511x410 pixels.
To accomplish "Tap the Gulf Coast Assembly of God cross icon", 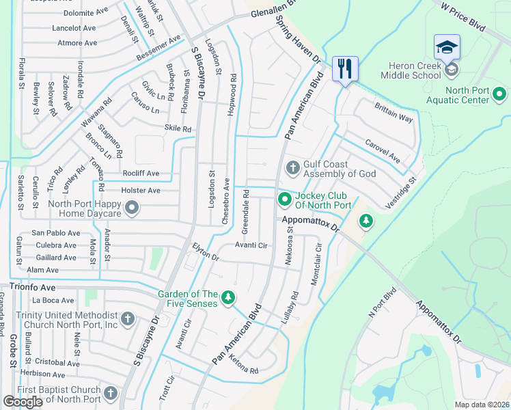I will (292, 167).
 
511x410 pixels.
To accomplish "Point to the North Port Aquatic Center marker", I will (500, 92).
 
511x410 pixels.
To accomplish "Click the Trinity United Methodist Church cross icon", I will (128, 319).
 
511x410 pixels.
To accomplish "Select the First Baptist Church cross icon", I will (112, 394).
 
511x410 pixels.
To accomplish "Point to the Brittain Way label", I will (393, 113).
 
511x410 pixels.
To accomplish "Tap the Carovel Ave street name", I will (383, 151).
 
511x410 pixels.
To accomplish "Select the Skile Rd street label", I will (178, 128).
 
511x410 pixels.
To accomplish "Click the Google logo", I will (23, 402).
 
